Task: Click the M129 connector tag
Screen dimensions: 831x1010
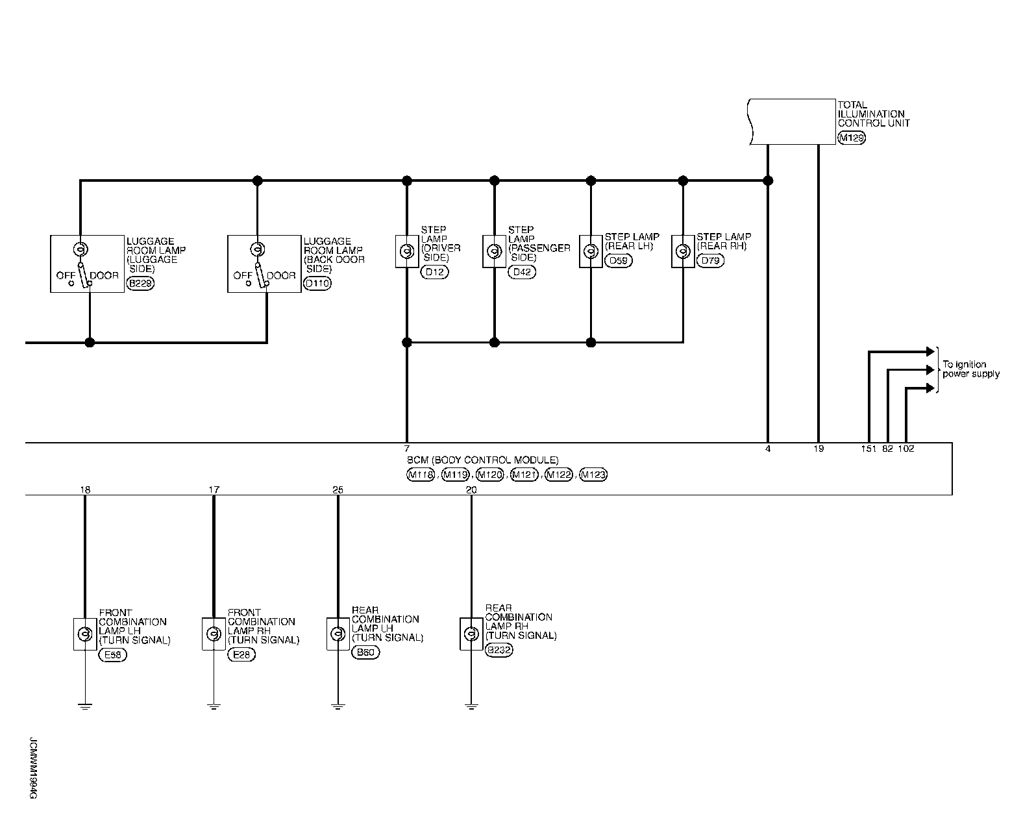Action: click(x=852, y=138)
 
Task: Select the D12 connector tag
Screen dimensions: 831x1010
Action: click(x=434, y=272)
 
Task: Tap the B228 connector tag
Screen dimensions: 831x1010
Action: click(x=140, y=284)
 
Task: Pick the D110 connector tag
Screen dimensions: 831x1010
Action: click(x=317, y=284)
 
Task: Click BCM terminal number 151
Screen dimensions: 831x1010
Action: click(x=868, y=449)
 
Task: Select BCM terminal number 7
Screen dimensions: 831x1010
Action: click(x=406, y=449)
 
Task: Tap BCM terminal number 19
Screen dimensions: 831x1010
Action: click(x=819, y=449)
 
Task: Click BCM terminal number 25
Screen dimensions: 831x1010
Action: click(x=338, y=490)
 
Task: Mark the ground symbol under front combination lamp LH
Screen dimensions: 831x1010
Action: click(x=84, y=706)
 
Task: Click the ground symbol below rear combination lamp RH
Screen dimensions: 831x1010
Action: click(x=471, y=706)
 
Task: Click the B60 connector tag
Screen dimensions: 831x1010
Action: click(x=365, y=652)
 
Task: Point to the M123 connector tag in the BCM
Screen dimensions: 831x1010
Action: click(x=593, y=475)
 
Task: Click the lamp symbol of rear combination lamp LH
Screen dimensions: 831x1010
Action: click(x=338, y=634)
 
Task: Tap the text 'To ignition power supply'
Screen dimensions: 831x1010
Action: click(x=970, y=369)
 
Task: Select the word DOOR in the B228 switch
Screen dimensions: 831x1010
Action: click(x=105, y=275)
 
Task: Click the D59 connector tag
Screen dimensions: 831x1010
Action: click(x=618, y=261)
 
